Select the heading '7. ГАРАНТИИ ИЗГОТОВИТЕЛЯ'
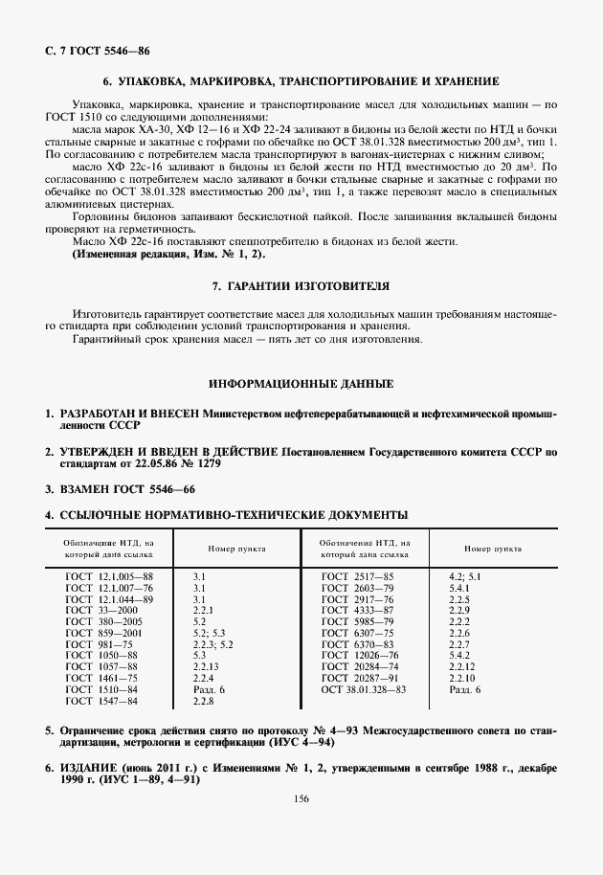point(301,286)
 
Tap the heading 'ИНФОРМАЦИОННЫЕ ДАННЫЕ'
point(301,384)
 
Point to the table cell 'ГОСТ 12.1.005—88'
point(109,577)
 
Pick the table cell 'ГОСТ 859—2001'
point(103,634)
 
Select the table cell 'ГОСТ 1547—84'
point(101,702)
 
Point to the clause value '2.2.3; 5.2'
point(212,644)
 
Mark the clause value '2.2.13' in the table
point(207,667)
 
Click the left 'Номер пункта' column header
point(236,550)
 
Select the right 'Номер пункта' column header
point(493,550)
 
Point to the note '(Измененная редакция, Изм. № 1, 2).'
point(170,254)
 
